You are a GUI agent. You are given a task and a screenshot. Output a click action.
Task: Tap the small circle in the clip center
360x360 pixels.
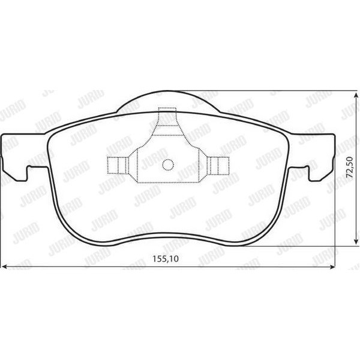[168, 163]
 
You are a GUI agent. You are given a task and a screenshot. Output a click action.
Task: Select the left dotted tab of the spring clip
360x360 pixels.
[117, 164]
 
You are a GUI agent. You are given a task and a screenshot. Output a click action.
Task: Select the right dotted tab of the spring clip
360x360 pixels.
[218, 164]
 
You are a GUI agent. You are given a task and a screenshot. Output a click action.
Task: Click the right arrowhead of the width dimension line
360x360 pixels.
[335, 267]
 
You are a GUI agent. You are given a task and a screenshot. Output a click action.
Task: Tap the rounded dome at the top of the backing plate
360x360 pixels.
[167, 103]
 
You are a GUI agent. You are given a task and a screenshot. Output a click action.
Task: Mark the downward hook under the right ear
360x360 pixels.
[313, 174]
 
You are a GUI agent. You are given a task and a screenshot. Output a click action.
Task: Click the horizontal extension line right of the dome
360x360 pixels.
[282, 91]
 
